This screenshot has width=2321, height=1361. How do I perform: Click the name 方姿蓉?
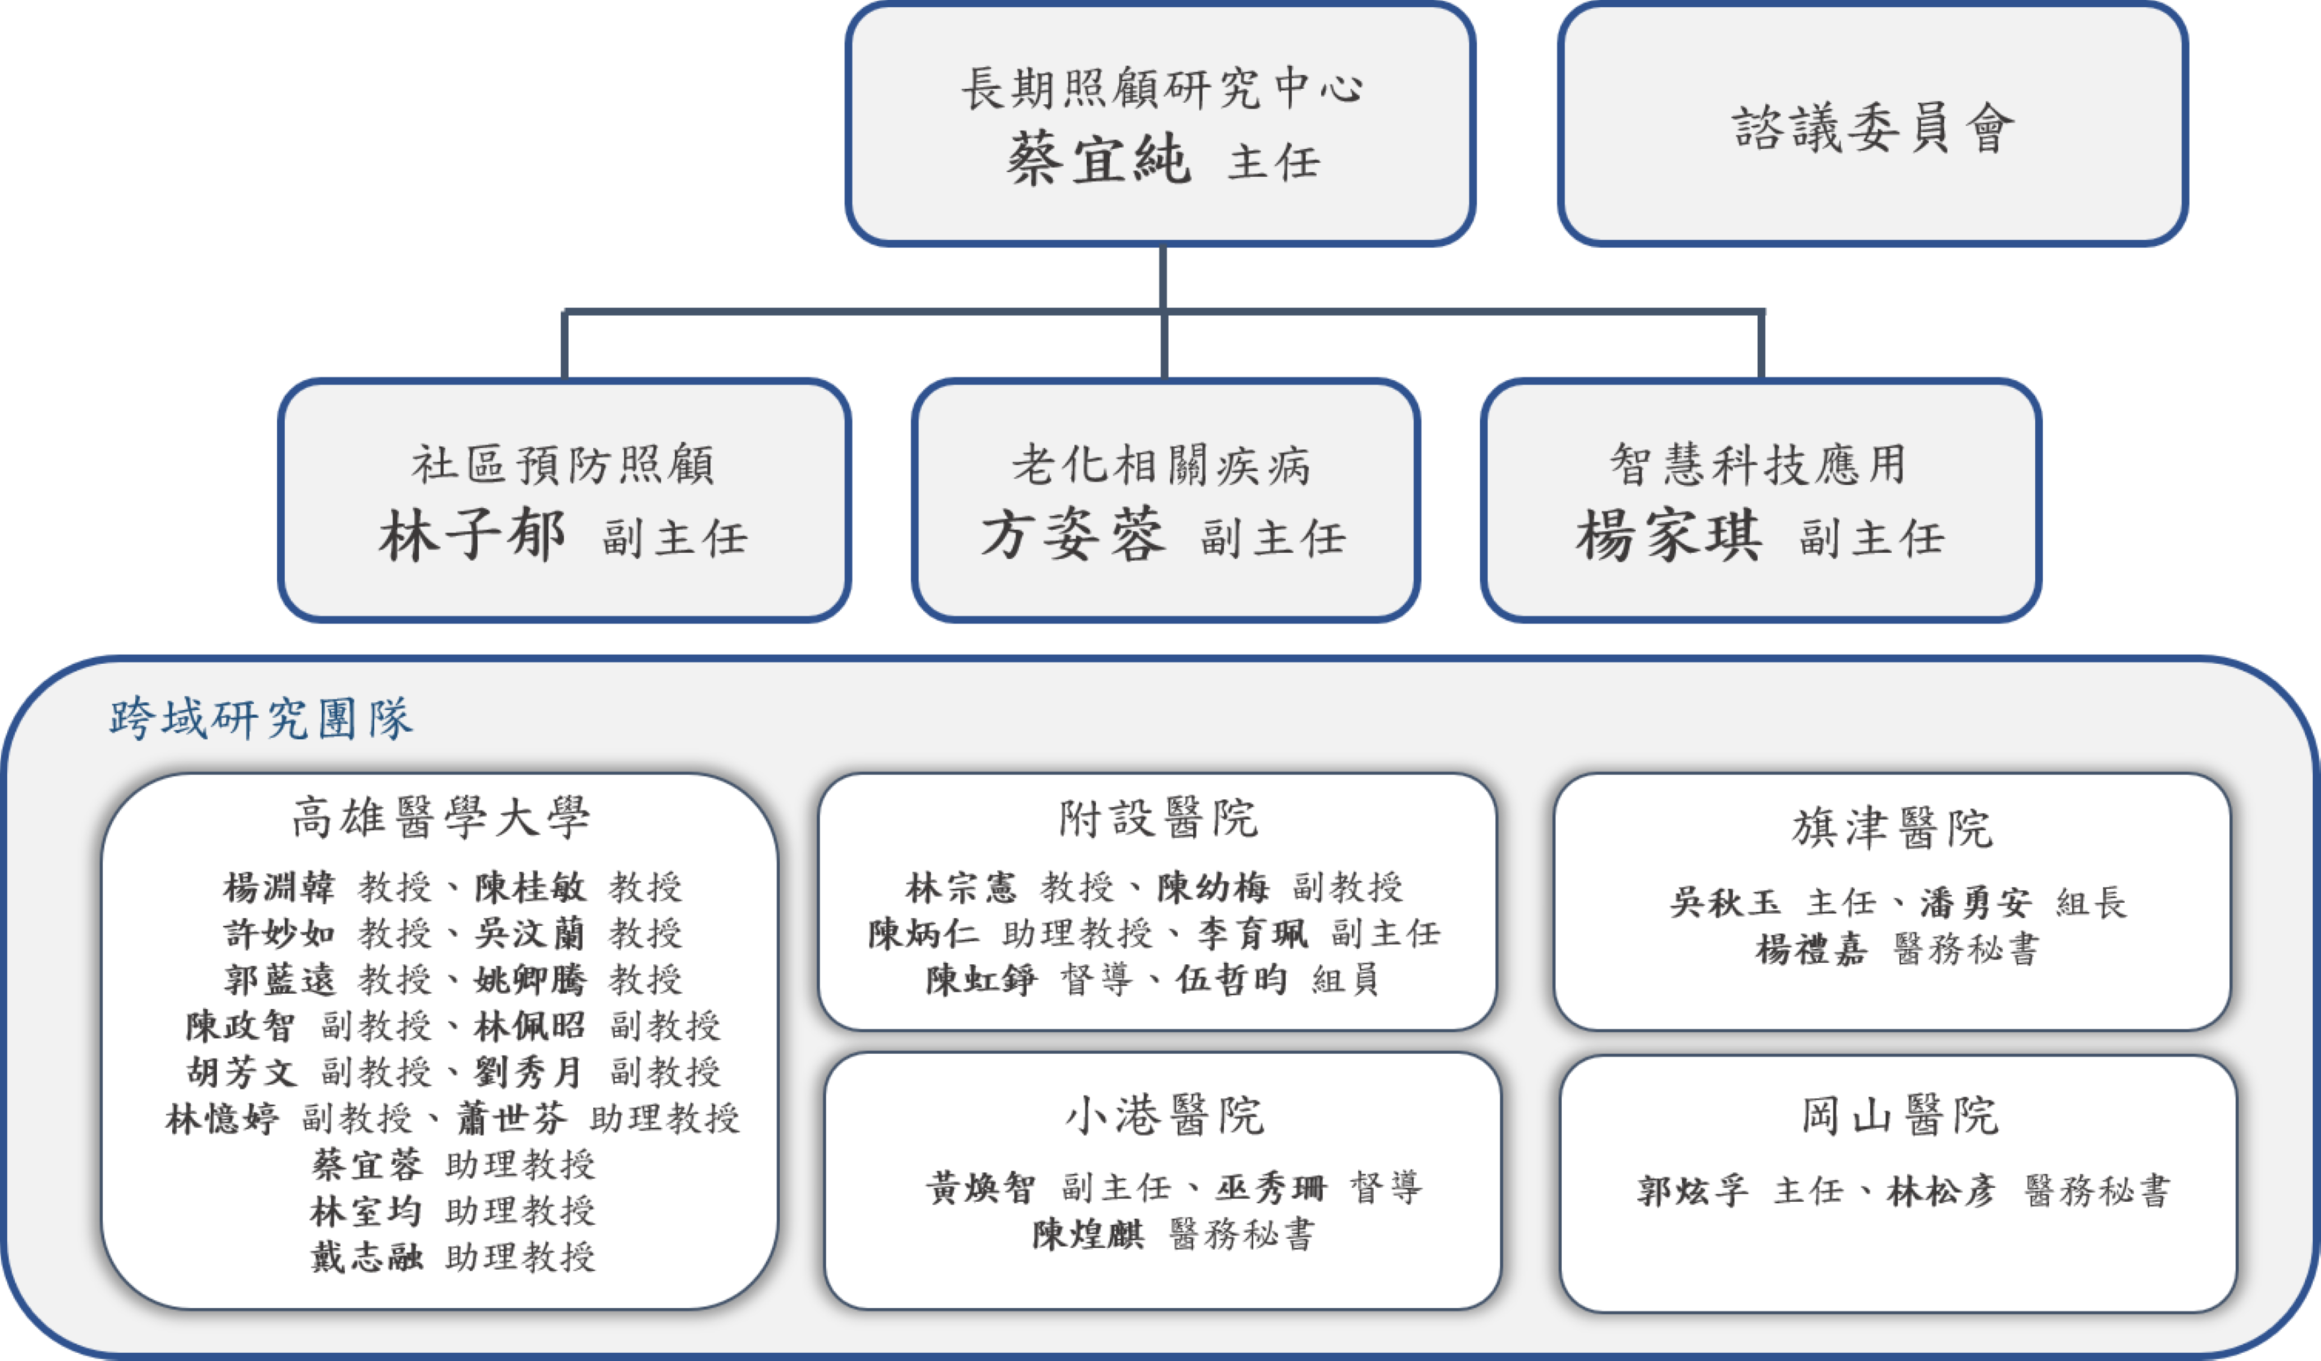tap(1073, 536)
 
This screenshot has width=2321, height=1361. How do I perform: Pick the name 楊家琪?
tap(1669, 536)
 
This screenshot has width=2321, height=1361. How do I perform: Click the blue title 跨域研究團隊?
tap(260, 718)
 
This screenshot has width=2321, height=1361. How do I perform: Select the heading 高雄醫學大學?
tap(440, 818)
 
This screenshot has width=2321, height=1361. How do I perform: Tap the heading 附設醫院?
tap(1158, 818)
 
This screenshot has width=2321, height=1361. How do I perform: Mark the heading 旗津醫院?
tap(1893, 828)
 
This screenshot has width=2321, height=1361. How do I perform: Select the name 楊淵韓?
tap(278, 888)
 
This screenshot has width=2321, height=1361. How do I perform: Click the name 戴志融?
tap(367, 1257)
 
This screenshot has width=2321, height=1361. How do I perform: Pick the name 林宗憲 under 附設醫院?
tap(960, 888)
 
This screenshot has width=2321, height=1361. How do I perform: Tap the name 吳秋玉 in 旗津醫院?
tap(1725, 903)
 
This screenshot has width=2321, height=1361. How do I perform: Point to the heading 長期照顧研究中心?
tap(1161, 89)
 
